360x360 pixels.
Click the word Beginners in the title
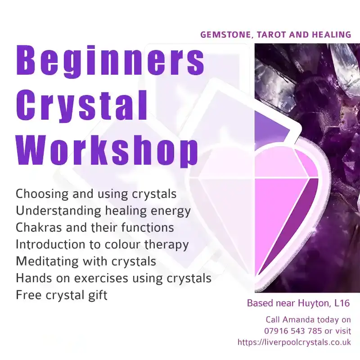point(110,62)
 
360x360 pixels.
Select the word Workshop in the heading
point(108,149)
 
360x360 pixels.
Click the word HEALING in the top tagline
point(330,35)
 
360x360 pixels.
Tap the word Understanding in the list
point(55,211)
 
